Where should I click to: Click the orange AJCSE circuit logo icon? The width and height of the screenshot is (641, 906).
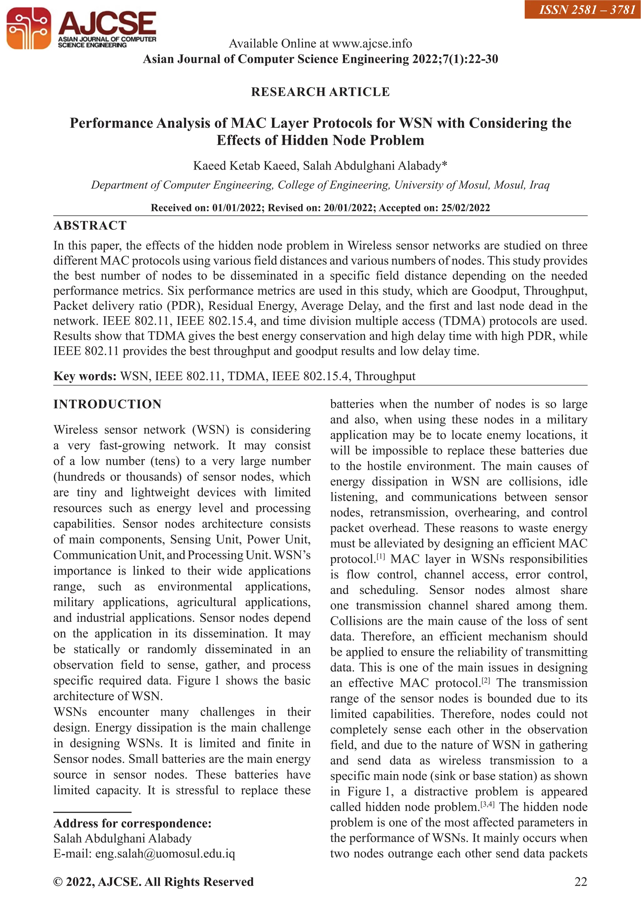[x=28, y=28]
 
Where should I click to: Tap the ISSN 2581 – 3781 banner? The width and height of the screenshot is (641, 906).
[x=582, y=9]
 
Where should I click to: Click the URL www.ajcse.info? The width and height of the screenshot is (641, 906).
[x=372, y=44]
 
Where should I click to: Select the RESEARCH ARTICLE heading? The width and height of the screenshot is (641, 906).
[x=320, y=92]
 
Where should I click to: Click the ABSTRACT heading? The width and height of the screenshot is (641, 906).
[x=90, y=226]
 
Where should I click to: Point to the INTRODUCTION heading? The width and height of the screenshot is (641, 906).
[x=107, y=404]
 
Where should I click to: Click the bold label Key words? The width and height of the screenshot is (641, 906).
[x=85, y=376]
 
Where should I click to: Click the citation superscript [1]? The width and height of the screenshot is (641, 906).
[x=381, y=557]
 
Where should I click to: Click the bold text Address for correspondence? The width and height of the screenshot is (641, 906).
[x=133, y=823]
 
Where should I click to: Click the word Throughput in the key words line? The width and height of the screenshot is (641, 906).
[x=385, y=376]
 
